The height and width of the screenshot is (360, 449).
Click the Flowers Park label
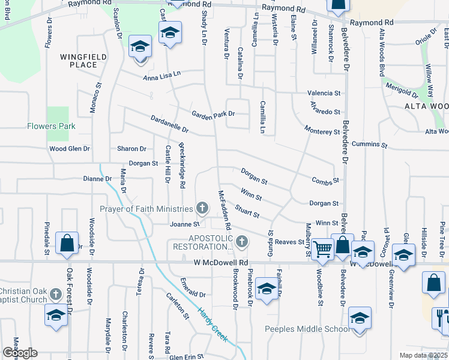[x=51, y=126]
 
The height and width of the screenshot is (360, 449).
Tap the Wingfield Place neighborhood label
[x=79, y=61]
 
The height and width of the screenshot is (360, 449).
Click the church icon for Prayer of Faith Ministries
[x=202, y=208]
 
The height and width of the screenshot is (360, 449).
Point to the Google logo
[x=20, y=353]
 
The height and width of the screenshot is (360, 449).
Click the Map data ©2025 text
[x=424, y=355]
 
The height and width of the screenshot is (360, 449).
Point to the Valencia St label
[x=324, y=94]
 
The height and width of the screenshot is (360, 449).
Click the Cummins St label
[x=370, y=145]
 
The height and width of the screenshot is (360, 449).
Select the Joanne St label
[x=184, y=224]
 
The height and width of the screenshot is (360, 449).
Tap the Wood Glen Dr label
[x=69, y=148]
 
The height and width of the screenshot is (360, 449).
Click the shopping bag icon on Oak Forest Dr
[x=67, y=244]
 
